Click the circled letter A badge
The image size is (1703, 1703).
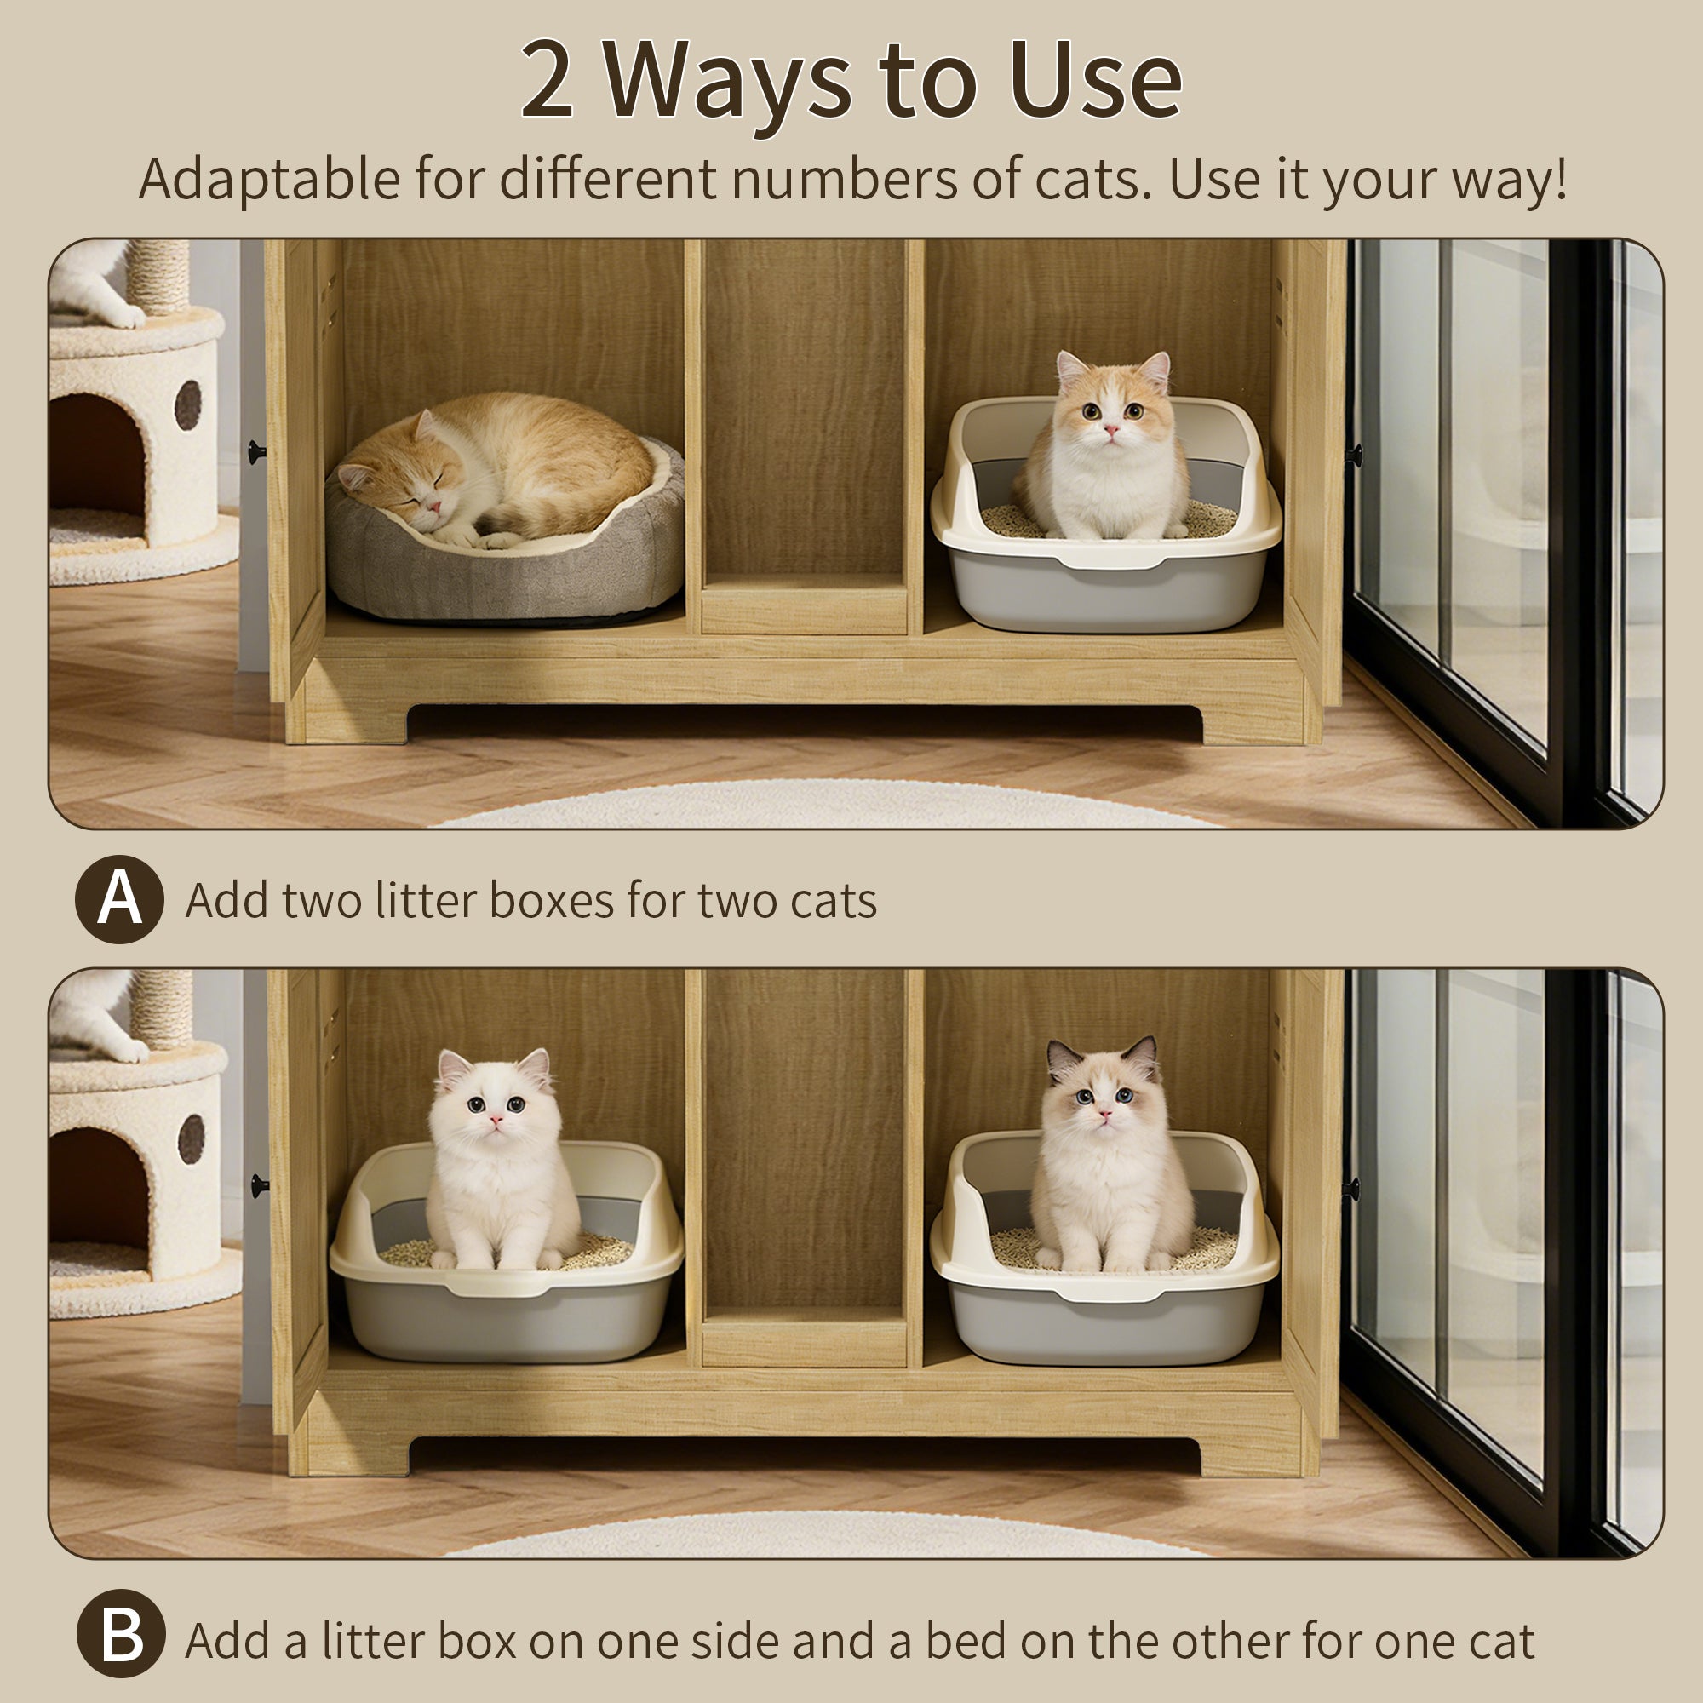tap(119, 899)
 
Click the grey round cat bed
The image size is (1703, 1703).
tap(502, 573)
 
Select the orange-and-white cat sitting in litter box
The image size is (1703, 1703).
tap(1107, 450)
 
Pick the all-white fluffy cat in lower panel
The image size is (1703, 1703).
tap(499, 1163)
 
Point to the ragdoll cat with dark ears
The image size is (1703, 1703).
tap(1105, 1155)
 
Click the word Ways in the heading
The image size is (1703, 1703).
tap(727, 81)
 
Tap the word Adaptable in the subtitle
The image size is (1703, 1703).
tap(269, 179)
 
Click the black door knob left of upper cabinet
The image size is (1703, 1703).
tap(255, 452)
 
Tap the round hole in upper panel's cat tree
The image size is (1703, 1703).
tap(186, 404)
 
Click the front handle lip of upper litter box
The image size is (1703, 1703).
tap(1105, 561)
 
